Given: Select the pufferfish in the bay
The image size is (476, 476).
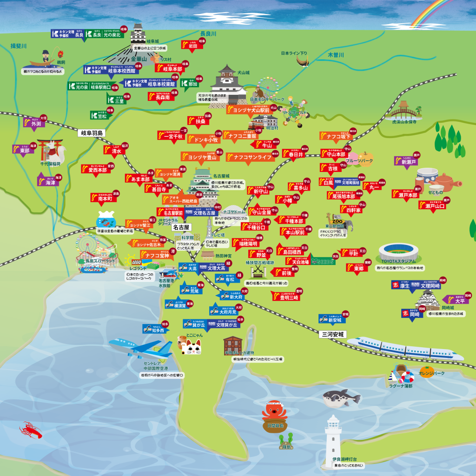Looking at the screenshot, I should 342,397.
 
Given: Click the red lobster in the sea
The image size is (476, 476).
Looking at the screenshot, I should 31,430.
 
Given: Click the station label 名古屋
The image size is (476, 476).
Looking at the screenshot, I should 181,228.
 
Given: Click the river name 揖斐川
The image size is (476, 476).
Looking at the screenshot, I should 19,46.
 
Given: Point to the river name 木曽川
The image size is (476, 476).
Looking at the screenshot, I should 336,55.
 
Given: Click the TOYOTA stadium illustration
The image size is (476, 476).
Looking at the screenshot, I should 399,253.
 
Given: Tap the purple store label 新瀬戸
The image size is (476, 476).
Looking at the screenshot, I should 408,161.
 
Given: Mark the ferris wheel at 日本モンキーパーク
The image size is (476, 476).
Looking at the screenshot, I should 268,87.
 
